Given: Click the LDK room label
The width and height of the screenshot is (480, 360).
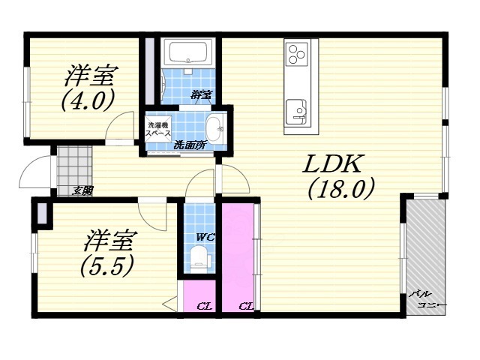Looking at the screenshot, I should (x=334, y=163).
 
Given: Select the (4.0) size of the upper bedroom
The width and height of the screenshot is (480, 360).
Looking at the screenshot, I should (x=88, y=100).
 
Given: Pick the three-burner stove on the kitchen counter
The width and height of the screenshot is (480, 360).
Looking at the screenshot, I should (x=298, y=53).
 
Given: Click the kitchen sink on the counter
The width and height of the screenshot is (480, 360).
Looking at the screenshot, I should (x=298, y=109).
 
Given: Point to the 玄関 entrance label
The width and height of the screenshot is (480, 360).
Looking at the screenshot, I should (x=82, y=190).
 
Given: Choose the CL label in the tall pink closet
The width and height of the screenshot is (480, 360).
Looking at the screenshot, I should (x=245, y=306).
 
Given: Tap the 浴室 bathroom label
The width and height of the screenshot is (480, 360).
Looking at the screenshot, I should (x=201, y=95).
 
